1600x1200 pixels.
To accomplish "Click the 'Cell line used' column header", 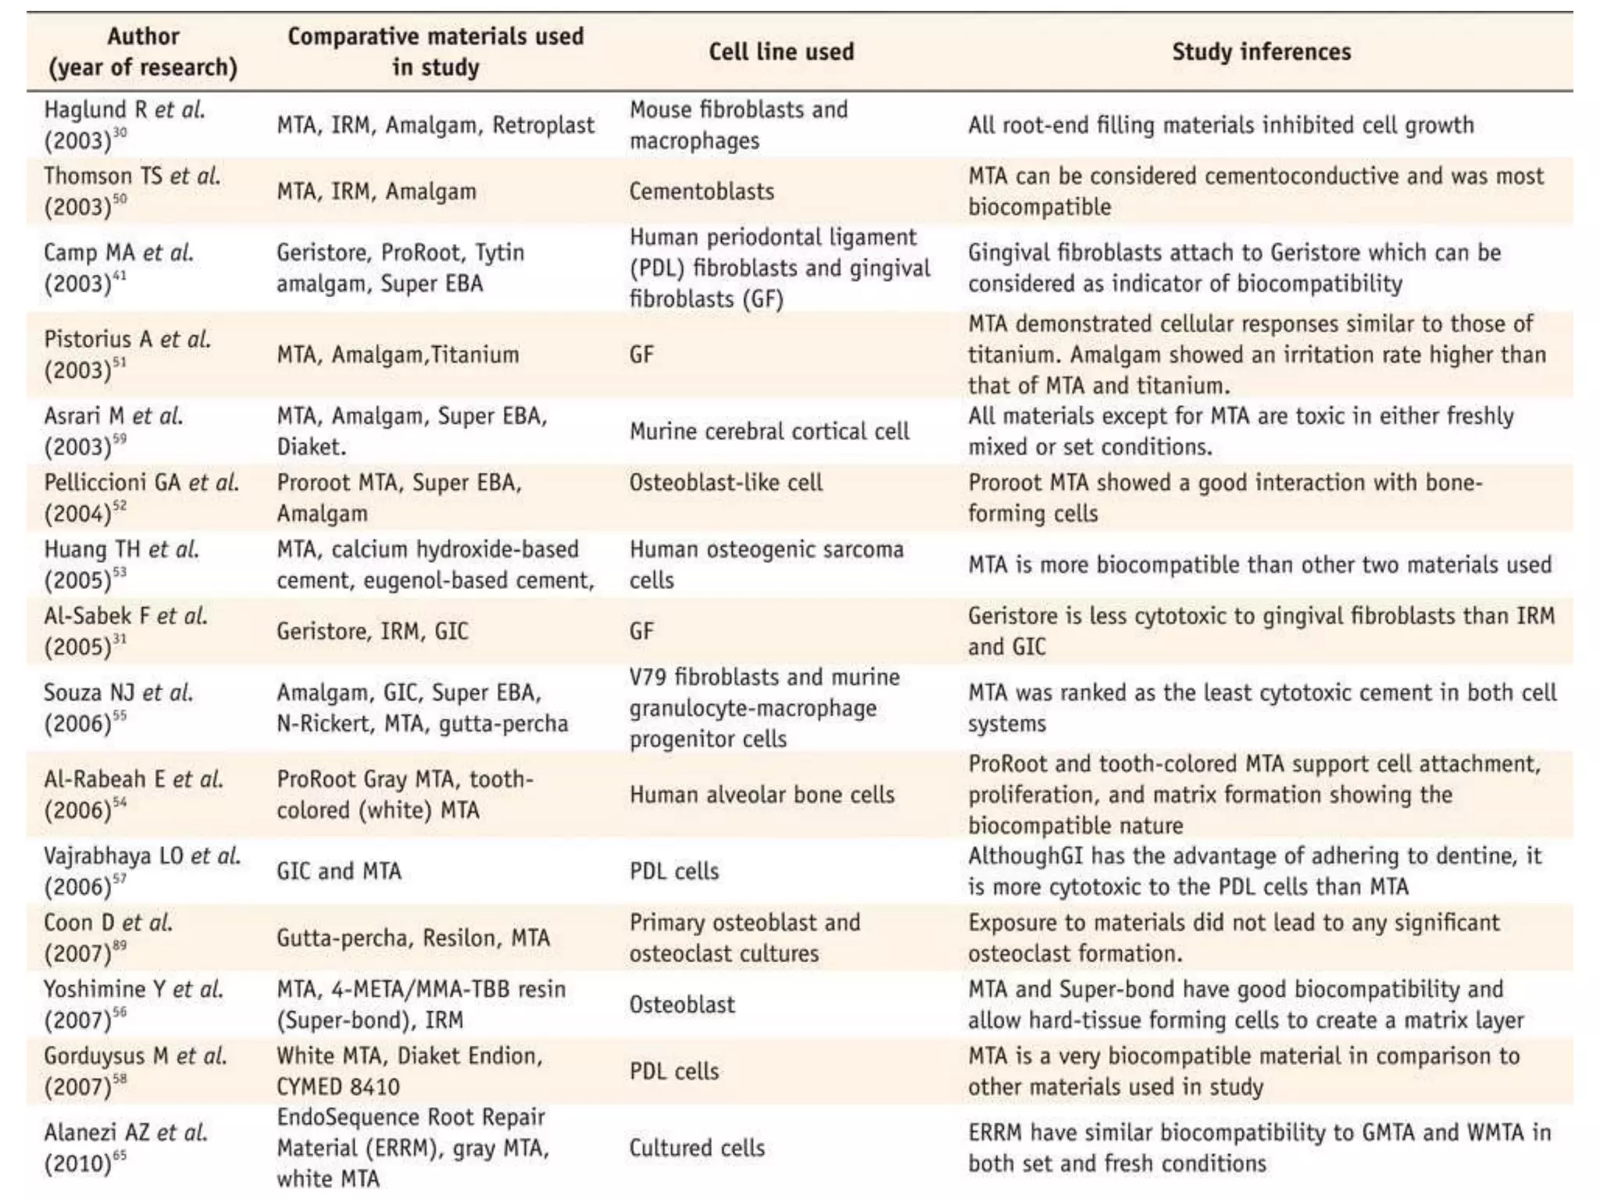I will [780, 52].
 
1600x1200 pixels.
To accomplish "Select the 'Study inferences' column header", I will [1261, 52].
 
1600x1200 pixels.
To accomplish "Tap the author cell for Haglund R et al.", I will [124, 125].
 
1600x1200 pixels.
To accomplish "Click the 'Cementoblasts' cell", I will [702, 191].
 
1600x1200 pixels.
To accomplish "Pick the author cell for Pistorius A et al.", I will [127, 354].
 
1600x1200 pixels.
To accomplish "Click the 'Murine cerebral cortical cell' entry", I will [769, 431].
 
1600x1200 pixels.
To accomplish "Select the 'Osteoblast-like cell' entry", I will [726, 483].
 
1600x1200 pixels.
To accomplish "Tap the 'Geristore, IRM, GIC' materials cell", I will [372, 630].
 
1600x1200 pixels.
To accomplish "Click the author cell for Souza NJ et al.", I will [118, 708].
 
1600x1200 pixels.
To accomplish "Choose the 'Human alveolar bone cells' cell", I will [762, 795].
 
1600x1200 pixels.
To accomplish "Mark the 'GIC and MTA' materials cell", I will [338, 871].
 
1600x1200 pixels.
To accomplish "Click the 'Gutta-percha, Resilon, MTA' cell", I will [412, 937].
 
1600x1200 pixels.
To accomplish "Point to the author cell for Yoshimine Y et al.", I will [133, 1005].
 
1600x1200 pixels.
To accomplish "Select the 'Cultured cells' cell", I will [697, 1148].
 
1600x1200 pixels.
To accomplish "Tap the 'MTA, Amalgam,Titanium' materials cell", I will [397, 355].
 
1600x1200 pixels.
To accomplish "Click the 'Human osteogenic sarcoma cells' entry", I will [766, 565].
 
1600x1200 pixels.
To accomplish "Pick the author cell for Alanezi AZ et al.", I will [125, 1148].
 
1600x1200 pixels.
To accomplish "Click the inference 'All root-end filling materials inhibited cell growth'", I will [1220, 125].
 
